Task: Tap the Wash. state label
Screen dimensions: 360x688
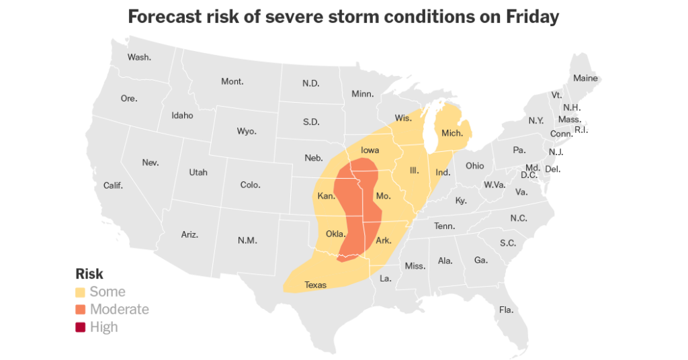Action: (139, 57)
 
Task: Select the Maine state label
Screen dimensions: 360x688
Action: (585, 79)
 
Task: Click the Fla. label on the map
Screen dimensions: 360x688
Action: (506, 310)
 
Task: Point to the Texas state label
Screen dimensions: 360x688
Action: (315, 285)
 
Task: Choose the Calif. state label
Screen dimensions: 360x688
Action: (113, 185)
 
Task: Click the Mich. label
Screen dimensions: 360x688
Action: (452, 134)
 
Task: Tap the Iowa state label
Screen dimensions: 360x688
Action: (370, 150)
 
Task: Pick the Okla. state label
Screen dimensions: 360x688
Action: (335, 234)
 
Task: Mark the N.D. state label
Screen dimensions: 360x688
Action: (310, 83)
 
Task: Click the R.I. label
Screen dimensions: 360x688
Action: (581, 130)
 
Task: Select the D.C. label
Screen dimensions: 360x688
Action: (529, 175)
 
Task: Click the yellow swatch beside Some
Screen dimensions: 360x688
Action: (81, 291)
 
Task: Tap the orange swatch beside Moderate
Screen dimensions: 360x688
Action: (81, 309)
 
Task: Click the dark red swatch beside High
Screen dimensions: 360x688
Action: (81, 327)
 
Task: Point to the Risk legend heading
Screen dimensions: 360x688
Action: (89, 274)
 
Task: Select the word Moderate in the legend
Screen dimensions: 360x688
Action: (119, 309)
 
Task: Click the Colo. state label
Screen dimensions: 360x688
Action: (250, 185)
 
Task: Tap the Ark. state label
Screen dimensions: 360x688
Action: (384, 240)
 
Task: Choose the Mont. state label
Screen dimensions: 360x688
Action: (232, 81)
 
